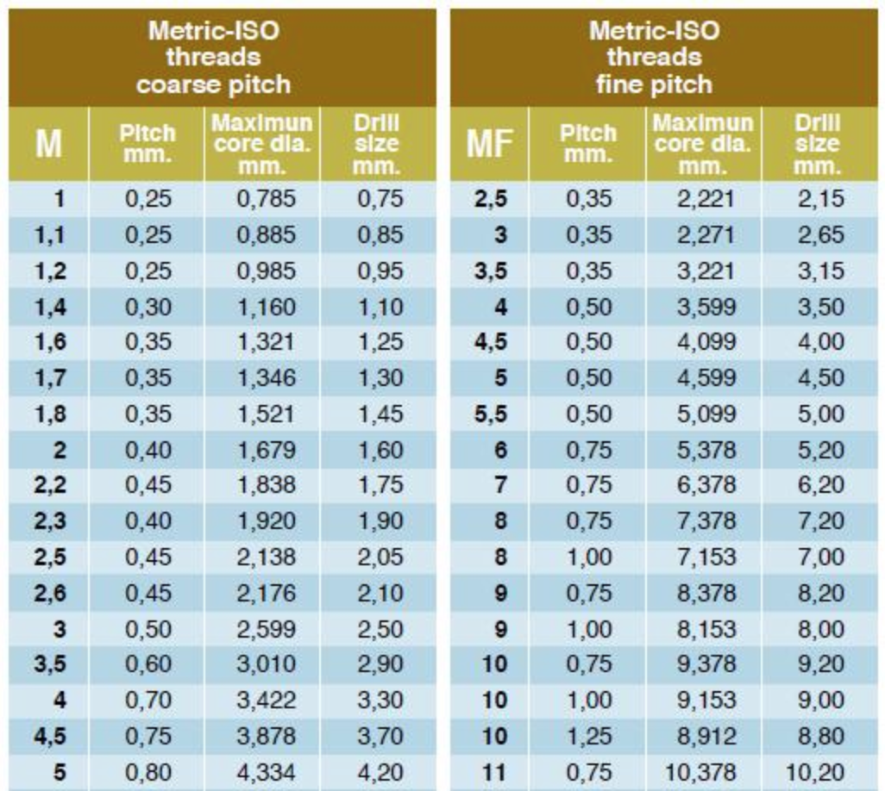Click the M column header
[48, 143]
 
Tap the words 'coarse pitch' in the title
[213, 84]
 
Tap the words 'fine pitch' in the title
[655, 84]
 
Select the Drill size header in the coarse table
[378, 143]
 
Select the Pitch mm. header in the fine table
[589, 143]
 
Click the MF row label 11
[493, 772]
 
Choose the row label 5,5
[490, 414]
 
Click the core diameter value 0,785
[266, 199]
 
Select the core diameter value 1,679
[266, 450]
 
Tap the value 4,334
[266, 772]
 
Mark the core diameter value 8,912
[706, 737]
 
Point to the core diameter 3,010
[266, 664]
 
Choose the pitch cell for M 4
[148, 701]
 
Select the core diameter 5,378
[706, 450]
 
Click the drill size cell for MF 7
[820, 486]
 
